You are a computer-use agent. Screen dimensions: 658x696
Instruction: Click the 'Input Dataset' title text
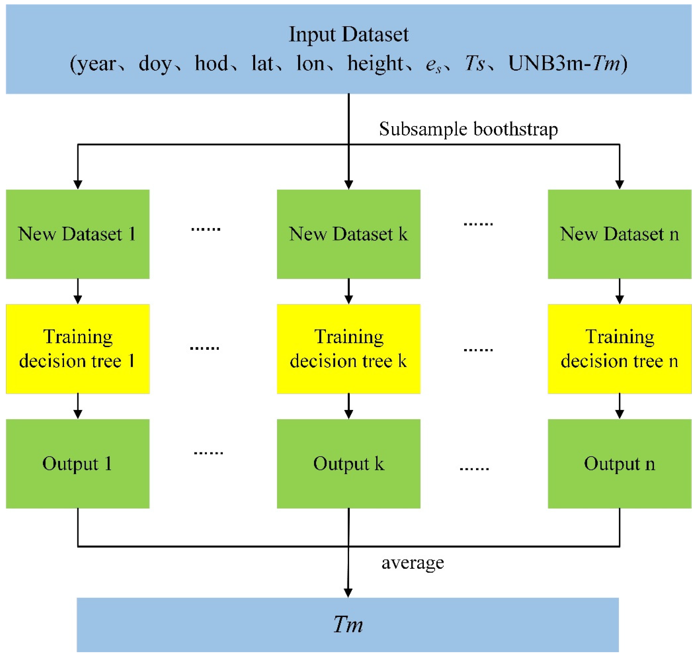(348, 34)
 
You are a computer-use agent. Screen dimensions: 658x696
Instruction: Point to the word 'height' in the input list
(375, 64)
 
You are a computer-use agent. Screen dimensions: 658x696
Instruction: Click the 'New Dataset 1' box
(78, 234)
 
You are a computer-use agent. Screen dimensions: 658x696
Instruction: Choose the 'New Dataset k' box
(348, 234)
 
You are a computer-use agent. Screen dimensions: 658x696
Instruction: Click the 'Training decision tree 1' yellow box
(78, 349)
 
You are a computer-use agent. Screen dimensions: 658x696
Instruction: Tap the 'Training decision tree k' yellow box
(348, 349)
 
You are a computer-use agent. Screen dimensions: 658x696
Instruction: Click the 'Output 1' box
(78, 463)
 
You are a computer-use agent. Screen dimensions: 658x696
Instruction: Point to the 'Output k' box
(348, 463)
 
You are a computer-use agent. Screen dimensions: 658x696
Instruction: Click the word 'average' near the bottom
(413, 563)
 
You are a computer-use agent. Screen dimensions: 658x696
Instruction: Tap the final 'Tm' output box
(348, 624)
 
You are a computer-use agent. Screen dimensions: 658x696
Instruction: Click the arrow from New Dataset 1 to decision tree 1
(78, 291)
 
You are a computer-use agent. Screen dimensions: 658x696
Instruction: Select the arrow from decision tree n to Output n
(620, 406)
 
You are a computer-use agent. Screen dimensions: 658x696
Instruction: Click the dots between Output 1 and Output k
(208, 453)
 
